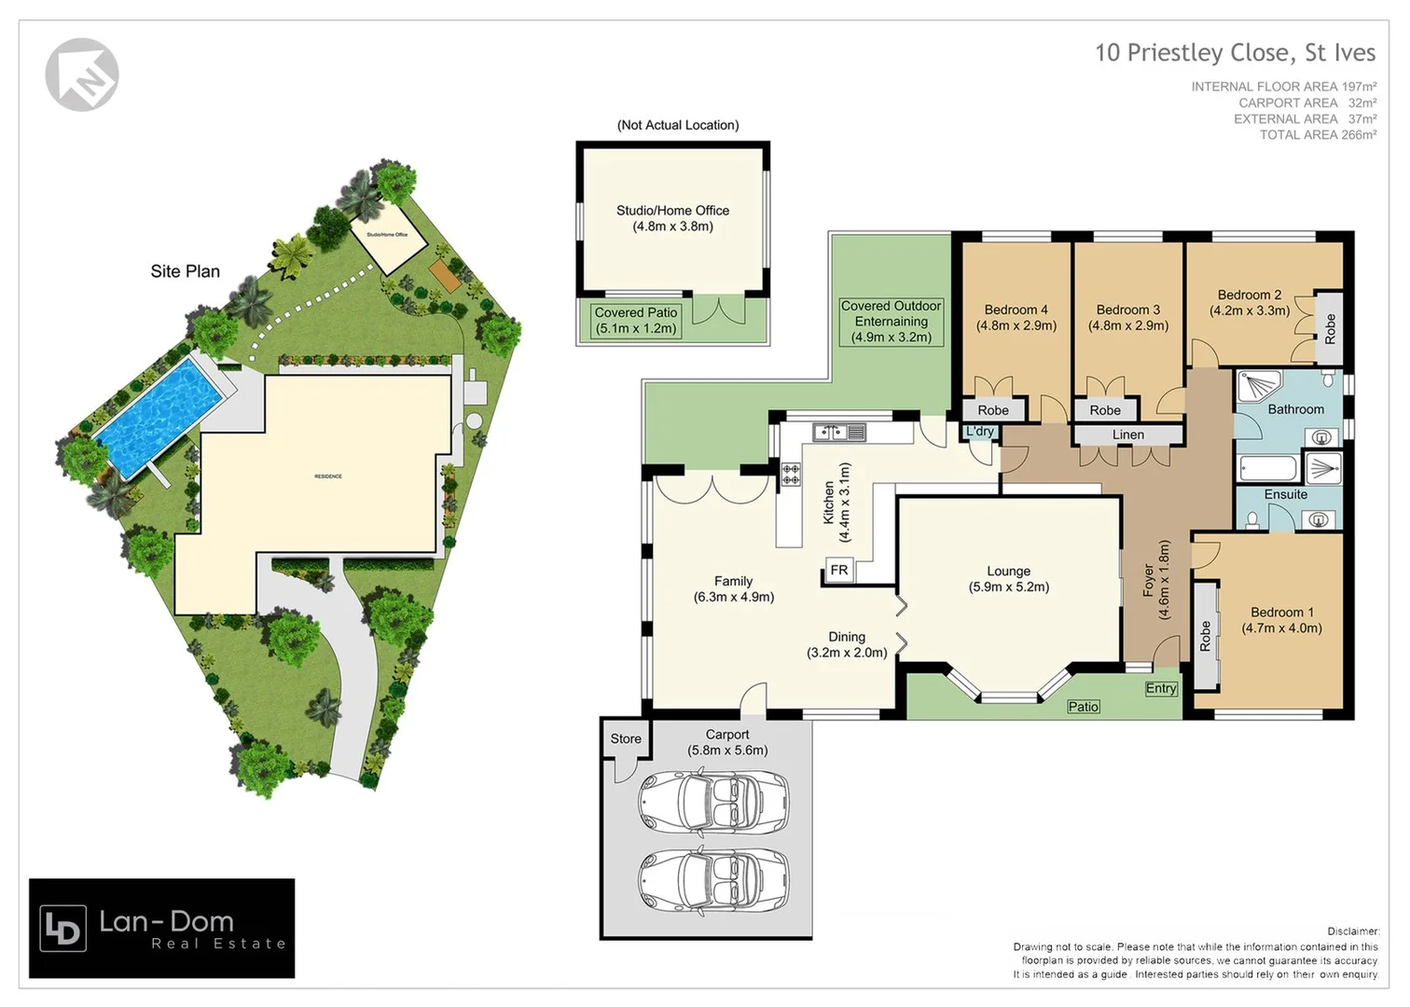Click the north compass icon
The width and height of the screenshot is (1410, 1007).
(82, 75)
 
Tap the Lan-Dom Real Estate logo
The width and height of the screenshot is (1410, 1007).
(162, 929)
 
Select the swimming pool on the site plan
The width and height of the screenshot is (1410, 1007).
(158, 414)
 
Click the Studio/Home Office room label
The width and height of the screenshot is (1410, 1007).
(672, 218)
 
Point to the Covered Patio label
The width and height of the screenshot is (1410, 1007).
(636, 321)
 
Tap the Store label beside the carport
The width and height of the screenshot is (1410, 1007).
(626, 738)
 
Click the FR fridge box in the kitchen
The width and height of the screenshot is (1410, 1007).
(839, 571)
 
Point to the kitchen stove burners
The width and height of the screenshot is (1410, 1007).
(790, 475)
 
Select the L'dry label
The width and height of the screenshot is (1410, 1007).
(980, 431)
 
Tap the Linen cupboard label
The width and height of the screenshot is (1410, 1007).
(1127, 435)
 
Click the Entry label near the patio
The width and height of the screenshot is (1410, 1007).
(1160, 688)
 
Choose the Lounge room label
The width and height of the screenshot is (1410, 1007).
(1008, 579)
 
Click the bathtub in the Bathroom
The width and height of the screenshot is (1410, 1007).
(1266, 468)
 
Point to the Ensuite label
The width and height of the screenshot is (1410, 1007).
(1285, 494)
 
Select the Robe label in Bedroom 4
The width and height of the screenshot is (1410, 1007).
(992, 410)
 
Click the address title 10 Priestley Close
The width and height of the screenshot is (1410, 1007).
(1235, 52)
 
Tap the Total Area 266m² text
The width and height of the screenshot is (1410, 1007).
(1317, 135)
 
